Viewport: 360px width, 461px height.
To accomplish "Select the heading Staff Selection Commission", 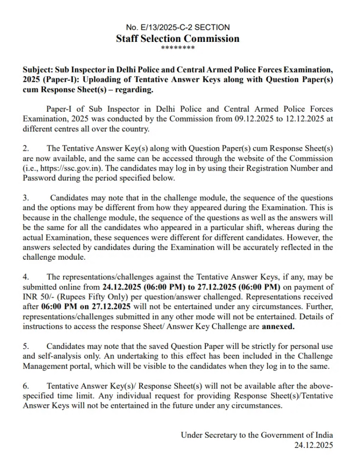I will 178,38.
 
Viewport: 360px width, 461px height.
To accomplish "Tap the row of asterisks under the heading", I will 178,48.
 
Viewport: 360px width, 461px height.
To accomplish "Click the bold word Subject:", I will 37,70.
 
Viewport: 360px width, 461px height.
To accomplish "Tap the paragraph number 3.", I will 26,198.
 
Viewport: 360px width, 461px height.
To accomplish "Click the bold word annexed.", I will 278,326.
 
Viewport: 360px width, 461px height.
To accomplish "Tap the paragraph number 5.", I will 26,346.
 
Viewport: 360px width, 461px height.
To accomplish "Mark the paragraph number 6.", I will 26,386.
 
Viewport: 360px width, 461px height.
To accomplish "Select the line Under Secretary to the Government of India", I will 257,435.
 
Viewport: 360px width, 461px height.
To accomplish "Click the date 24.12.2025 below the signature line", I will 314,445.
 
